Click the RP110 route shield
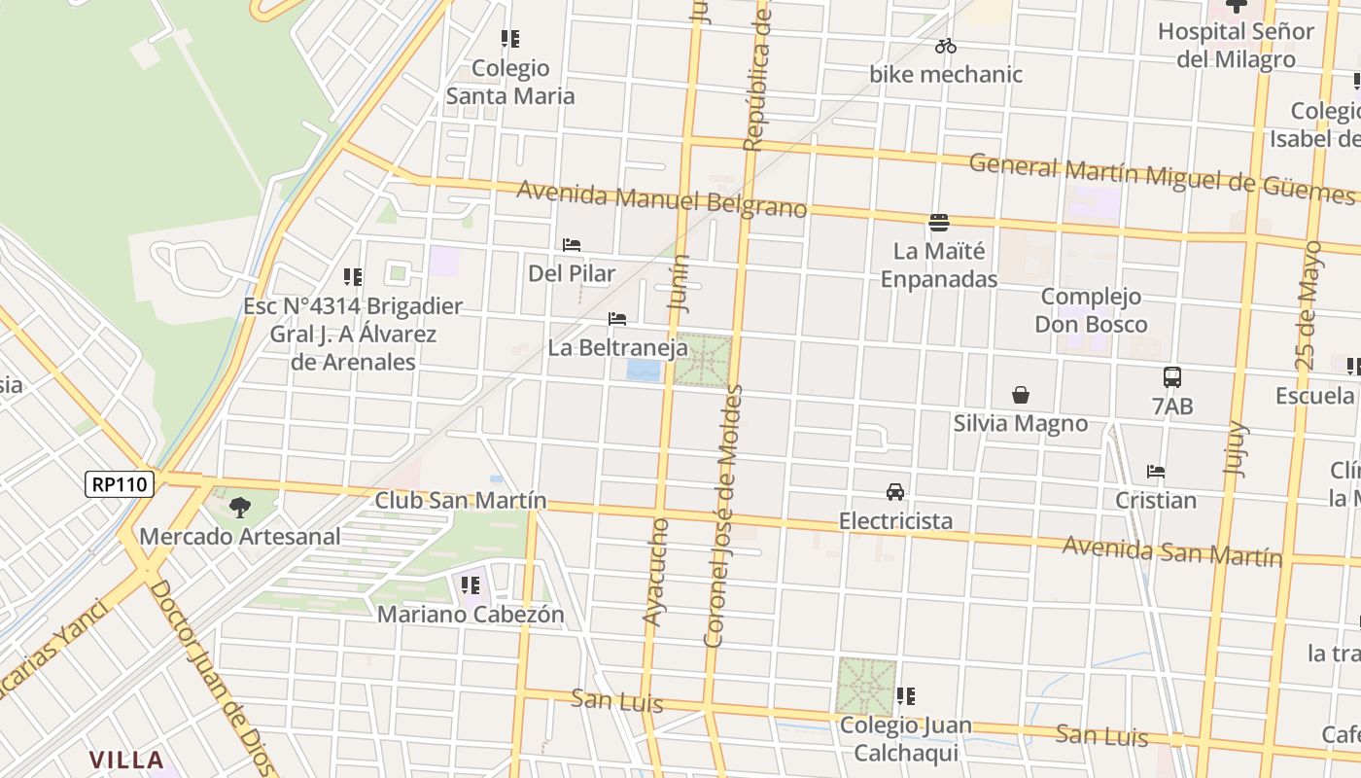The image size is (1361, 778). (x=120, y=484)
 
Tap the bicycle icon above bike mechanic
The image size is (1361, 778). (x=946, y=46)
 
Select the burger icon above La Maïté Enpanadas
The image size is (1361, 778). (x=939, y=223)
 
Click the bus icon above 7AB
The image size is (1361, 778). (x=1172, y=377)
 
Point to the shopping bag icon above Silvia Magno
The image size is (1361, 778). (x=1021, y=395)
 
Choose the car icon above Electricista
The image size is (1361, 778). (x=895, y=492)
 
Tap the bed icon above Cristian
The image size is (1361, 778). (x=1156, y=472)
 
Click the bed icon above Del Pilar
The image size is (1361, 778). (x=572, y=245)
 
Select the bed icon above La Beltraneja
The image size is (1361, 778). (x=617, y=319)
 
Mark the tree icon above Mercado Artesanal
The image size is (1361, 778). (x=239, y=507)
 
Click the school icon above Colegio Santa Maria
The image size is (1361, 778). (x=510, y=40)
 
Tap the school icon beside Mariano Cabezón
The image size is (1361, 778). (x=471, y=585)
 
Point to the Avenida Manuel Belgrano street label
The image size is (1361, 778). (x=661, y=199)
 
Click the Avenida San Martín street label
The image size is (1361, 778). (x=1171, y=551)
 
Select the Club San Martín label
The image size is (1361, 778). (x=461, y=501)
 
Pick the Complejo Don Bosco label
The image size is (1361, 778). (x=1091, y=310)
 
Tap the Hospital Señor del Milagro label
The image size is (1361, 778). (x=1236, y=45)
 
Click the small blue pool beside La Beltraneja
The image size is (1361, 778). (x=644, y=371)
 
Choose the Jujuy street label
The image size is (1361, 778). (x=1235, y=447)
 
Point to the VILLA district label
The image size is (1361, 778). (x=126, y=760)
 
